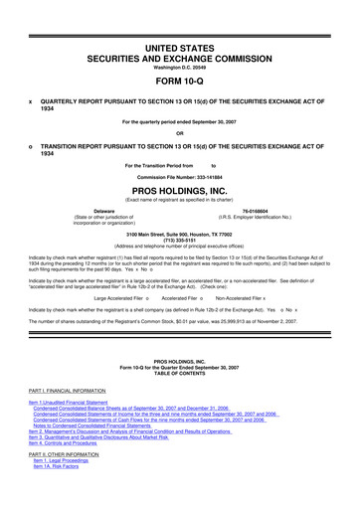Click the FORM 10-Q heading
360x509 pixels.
tap(179, 82)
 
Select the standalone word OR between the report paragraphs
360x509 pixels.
tap(179, 134)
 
